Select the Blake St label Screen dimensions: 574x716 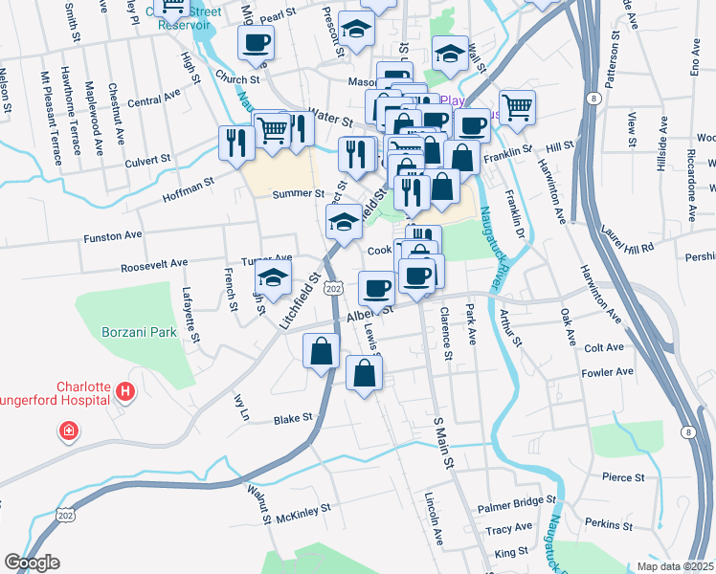[x=294, y=418]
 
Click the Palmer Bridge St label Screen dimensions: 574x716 [x=518, y=501]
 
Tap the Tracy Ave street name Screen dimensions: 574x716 [x=508, y=528]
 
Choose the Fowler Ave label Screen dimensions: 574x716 [x=609, y=371]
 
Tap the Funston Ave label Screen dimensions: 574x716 [x=113, y=234]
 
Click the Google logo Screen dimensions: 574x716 [x=32, y=563]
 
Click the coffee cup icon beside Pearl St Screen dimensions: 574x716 [x=256, y=43]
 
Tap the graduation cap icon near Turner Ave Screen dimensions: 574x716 [x=273, y=278]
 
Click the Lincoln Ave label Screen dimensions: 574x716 [x=436, y=520]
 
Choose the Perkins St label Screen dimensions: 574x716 [x=605, y=524]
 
